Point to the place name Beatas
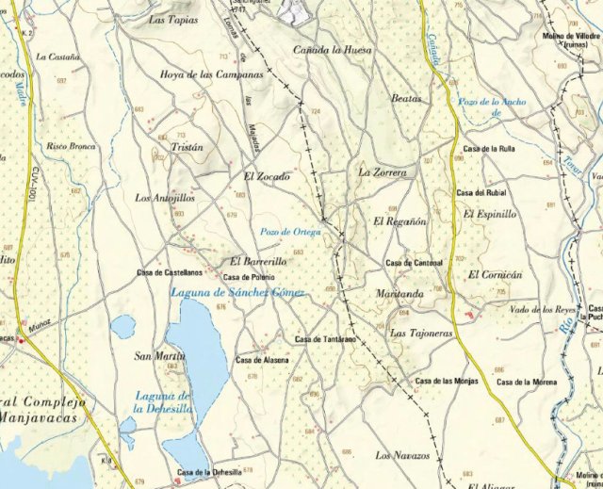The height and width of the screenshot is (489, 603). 406,98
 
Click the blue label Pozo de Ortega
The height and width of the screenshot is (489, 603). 290,231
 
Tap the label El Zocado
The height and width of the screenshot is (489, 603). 267,176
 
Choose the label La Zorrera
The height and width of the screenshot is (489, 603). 383,173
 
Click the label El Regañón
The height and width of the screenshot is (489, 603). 400,221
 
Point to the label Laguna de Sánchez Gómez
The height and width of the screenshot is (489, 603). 237,292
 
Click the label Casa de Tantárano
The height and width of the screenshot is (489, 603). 325,338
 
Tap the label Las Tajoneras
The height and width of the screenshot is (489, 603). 421,334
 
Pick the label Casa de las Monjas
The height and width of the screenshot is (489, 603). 448,381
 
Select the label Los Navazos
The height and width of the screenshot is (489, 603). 402,456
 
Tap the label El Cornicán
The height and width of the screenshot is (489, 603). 495,274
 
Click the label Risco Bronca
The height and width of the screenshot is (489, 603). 72,146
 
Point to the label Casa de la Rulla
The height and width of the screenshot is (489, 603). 488,149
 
